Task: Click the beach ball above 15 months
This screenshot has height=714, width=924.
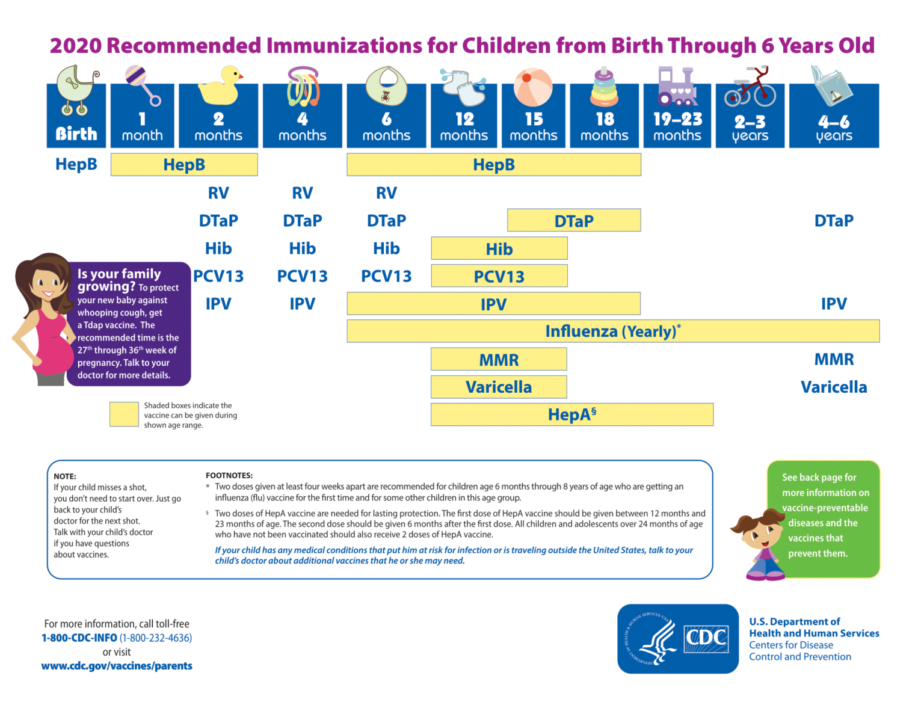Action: [533, 87]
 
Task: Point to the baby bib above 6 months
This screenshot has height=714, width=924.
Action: [386, 86]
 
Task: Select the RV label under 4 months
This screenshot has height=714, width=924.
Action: [302, 193]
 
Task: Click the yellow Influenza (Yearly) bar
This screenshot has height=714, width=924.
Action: [612, 331]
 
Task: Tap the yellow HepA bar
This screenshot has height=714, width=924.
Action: [571, 415]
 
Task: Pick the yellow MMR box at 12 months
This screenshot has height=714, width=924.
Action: [499, 360]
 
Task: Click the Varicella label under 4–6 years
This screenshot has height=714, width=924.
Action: [833, 387]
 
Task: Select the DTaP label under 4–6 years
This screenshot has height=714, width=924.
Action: [833, 221]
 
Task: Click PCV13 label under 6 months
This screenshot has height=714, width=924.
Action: [386, 277]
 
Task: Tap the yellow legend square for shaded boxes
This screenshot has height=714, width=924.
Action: [124, 414]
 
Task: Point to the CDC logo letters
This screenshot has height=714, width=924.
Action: [706, 638]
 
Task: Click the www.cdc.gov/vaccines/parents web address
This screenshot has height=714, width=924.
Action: [117, 666]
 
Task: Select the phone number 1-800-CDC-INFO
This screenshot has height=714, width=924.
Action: [79, 638]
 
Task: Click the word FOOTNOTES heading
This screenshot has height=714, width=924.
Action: [229, 475]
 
